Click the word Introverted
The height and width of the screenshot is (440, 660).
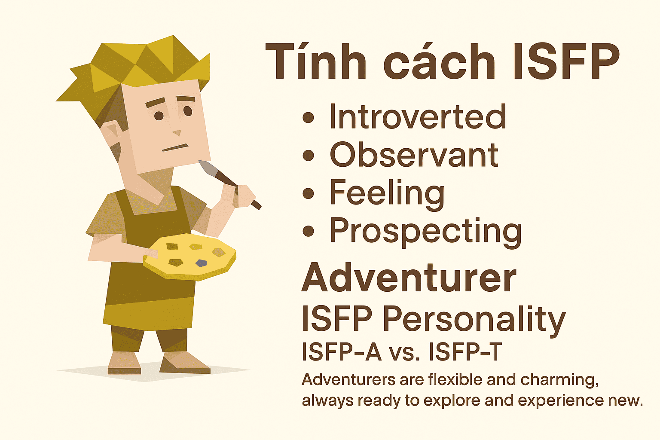click(x=418, y=116)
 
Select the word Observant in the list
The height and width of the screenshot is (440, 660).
click(x=414, y=154)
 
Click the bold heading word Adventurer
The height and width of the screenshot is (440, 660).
click(x=409, y=278)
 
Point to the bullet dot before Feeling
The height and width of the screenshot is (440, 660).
click(x=308, y=193)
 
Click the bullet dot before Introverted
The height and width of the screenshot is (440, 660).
click(x=308, y=117)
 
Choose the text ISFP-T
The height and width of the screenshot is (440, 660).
click(x=465, y=352)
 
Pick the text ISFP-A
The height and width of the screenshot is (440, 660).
click(x=342, y=352)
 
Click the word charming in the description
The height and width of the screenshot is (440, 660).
click(x=559, y=380)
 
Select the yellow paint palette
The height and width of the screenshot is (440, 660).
click(x=190, y=257)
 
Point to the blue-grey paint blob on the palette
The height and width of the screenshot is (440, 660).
click(x=201, y=263)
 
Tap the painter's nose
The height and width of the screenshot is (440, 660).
click(x=177, y=133)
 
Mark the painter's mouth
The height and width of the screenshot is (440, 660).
click(x=175, y=147)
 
